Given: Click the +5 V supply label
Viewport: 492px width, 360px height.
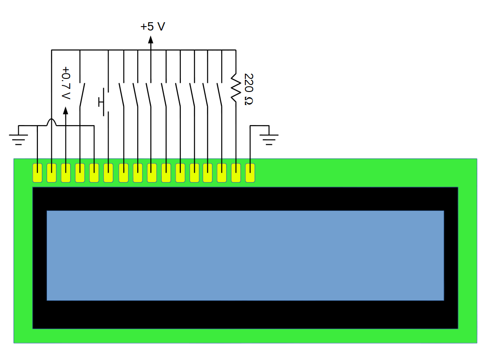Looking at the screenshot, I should (x=153, y=27).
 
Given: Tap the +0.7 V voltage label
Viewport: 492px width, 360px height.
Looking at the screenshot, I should (x=66, y=82).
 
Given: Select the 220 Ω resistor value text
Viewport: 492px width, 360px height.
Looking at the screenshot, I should (x=248, y=89).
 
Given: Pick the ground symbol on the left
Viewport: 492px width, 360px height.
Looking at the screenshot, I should (x=18, y=136).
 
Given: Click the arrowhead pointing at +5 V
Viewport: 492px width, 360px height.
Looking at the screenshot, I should (x=151, y=40).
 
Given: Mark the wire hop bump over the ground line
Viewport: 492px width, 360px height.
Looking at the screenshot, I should (x=52, y=122).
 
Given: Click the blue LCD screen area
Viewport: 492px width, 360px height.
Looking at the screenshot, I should (x=245, y=255).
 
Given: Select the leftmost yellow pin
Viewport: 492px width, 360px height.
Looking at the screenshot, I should (x=37, y=173).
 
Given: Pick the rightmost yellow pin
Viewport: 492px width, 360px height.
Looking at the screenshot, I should (x=250, y=173).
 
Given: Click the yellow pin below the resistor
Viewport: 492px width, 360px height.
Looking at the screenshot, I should (x=236, y=173).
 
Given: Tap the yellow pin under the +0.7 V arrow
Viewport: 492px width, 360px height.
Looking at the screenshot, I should (x=66, y=173).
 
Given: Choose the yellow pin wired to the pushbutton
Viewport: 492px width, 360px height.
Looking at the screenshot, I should (x=109, y=173).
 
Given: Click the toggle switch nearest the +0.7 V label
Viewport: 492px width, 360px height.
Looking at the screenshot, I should (x=82, y=95).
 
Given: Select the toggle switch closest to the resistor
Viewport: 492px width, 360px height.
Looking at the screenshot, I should (x=220, y=95).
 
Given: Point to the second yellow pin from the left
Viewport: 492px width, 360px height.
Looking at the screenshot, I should (x=52, y=173).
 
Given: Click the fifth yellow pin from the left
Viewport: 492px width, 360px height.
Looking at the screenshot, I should (x=94, y=173).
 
